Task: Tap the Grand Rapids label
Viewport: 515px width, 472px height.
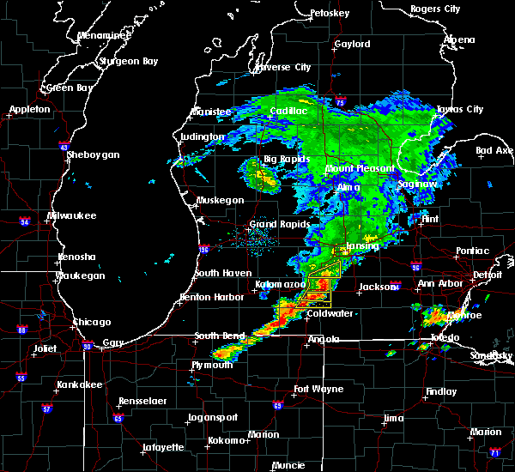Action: pyautogui.click(x=275, y=225)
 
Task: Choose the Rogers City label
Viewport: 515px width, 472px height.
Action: pyautogui.click(x=435, y=9)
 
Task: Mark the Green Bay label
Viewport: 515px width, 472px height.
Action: pyautogui.click(x=70, y=88)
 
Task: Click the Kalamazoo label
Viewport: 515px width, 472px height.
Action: pyautogui.click(x=280, y=284)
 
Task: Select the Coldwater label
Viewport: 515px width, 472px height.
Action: pyautogui.click(x=330, y=313)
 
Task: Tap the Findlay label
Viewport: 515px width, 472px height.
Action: pyautogui.click(x=441, y=391)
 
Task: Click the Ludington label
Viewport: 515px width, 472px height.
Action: pyautogui.click(x=203, y=136)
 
